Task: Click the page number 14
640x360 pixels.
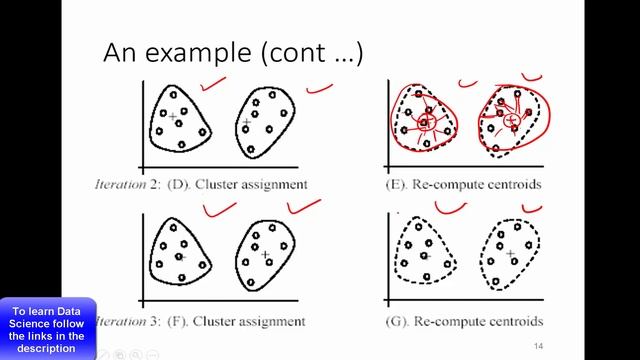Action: pyautogui.click(x=538, y=346)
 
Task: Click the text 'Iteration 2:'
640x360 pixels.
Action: pyautogui.click(x=124, y=184)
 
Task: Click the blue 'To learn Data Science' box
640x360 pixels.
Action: pyautogui.click(x=48, y=327)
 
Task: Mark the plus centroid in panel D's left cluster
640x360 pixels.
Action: pyautogui.click(x=173, y=117)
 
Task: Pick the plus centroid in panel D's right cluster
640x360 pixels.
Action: pyautogui.click(x=247, y=122)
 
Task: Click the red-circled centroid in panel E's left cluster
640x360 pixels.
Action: pyautogui.click(x=425, y=123)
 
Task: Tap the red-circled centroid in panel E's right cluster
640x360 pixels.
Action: pyautogui.click(x=511, y=120)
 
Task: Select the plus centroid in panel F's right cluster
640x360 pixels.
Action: pyautogui.click(x=265, y=255)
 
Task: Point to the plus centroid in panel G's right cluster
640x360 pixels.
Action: pyautogui.click(x=510, y=255)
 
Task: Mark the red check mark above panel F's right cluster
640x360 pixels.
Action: pyautogui.click(x=304, y=207)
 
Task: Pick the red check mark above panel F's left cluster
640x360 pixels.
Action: pyautogui.click(x=219, y=209)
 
